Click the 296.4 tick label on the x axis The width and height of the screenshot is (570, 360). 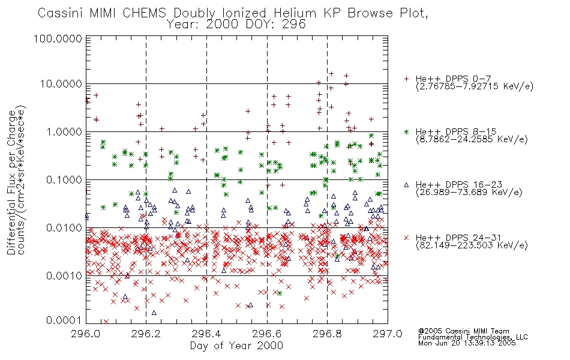[206, 334]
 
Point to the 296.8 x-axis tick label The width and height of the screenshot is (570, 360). [327, 334]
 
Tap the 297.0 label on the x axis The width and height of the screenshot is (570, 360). [388, 334]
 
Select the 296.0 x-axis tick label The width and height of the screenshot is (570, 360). [86, 334]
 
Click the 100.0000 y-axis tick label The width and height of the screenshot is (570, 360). [58, 38]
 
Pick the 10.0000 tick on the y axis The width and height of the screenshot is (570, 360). [61, 84]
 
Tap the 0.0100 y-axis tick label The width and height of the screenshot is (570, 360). [64, 228]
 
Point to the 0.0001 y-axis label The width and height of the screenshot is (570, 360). [64, 320]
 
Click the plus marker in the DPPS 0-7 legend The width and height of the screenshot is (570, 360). [407, 79]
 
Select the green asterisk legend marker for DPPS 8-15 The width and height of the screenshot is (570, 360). [407, 131]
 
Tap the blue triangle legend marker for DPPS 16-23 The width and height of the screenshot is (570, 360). [407, 185]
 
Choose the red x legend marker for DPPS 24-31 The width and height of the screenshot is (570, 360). [407, 238]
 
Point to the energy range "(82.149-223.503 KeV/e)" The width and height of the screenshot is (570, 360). [472, 245]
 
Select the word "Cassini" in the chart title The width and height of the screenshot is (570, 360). [61, 13]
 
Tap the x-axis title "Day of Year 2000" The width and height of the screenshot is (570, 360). [236, 346]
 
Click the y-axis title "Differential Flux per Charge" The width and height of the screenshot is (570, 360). [11, 182]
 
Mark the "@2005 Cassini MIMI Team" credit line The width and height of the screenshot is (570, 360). [464, 331]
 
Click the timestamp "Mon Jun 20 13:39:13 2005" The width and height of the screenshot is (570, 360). [467, 343]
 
